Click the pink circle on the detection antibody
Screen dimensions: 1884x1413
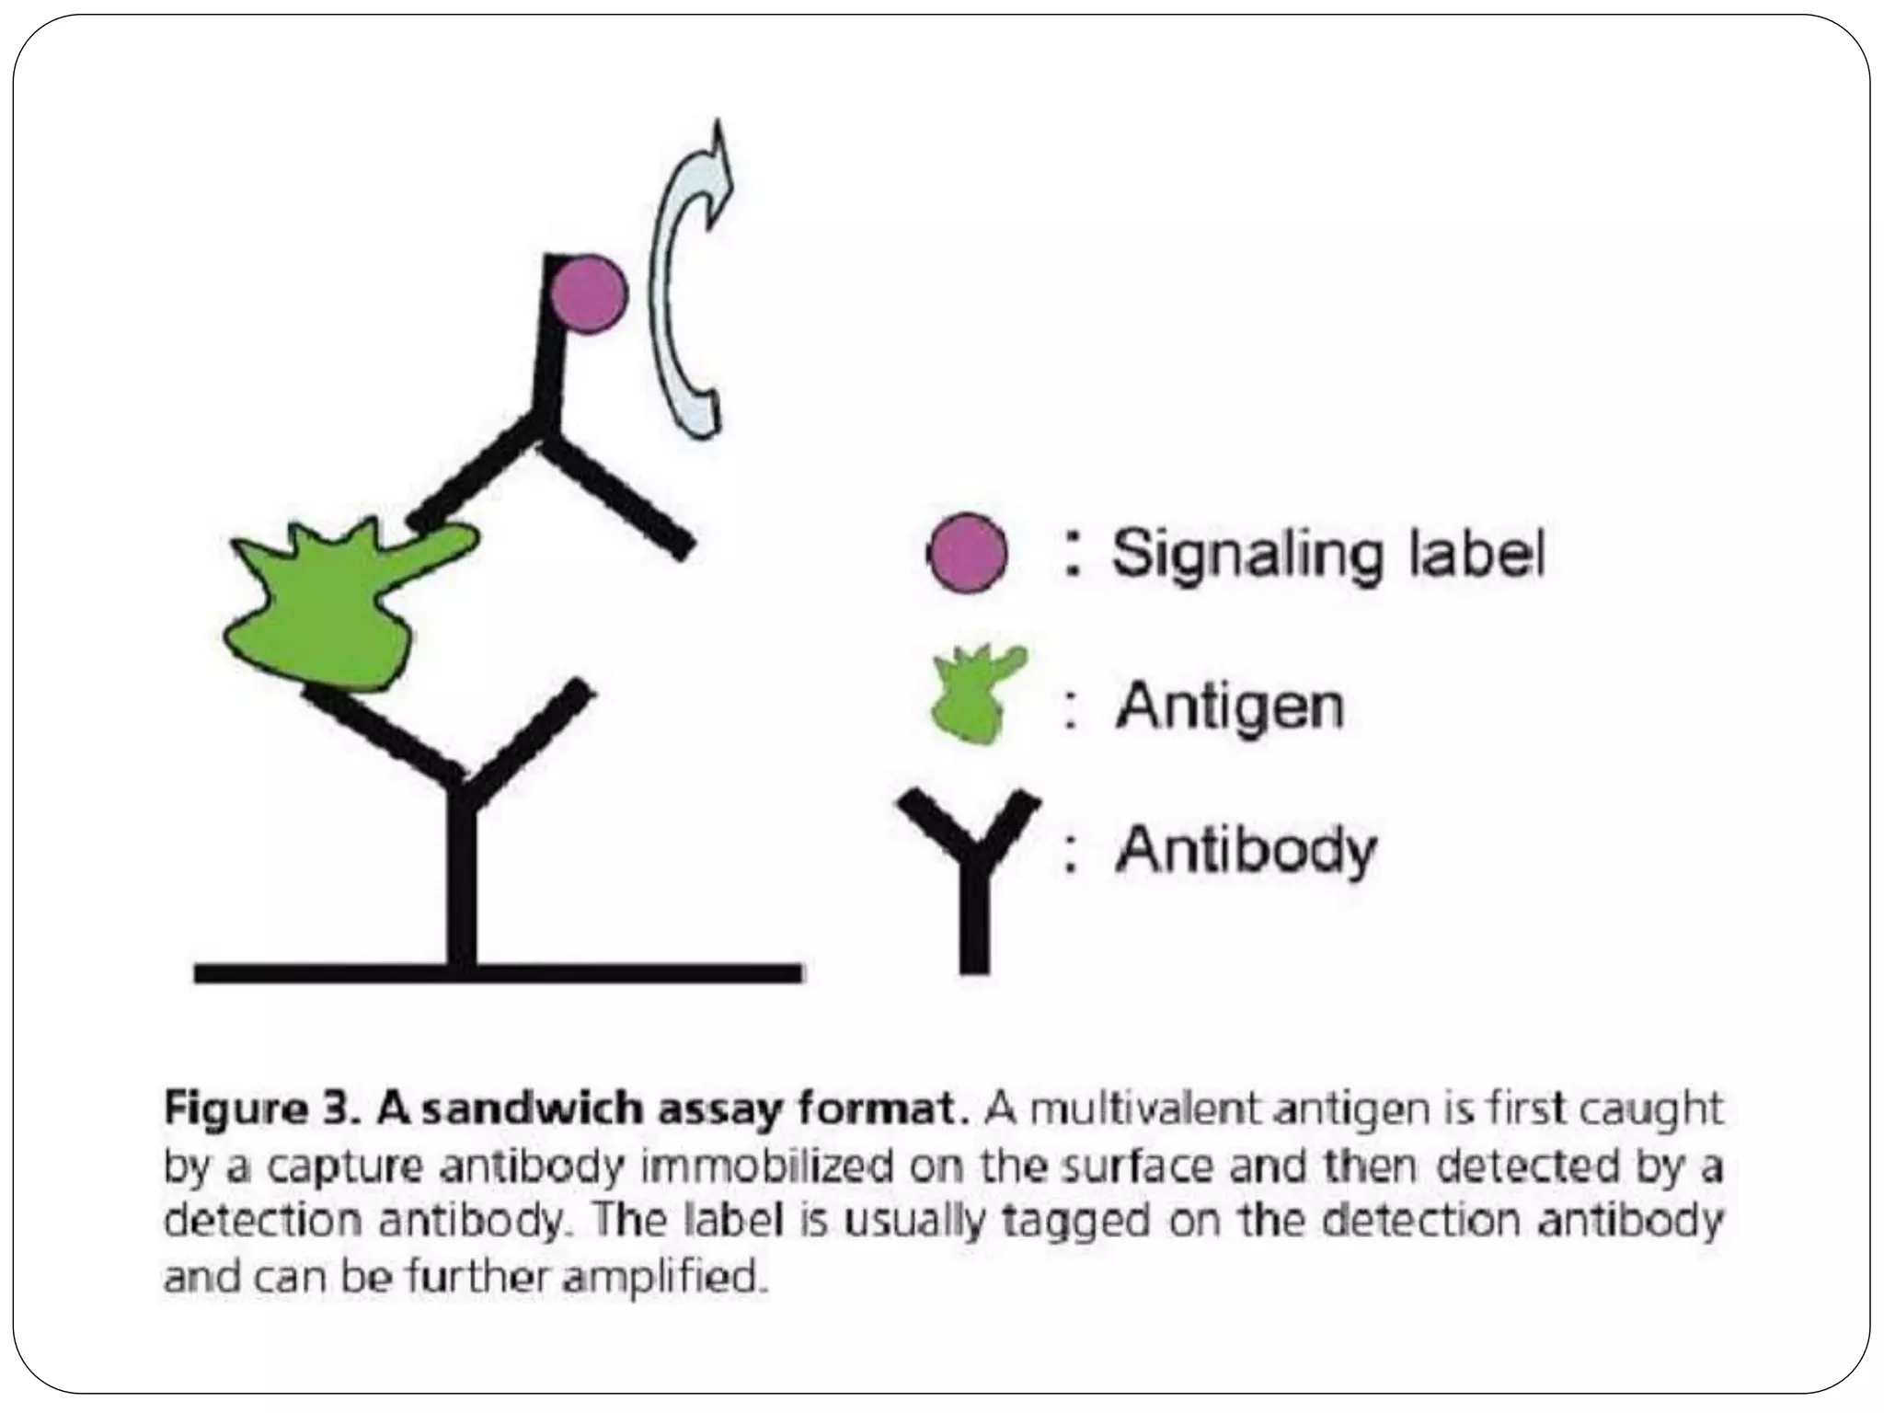pos(590,294)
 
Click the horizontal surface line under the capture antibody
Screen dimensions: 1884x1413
pos(497,972)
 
